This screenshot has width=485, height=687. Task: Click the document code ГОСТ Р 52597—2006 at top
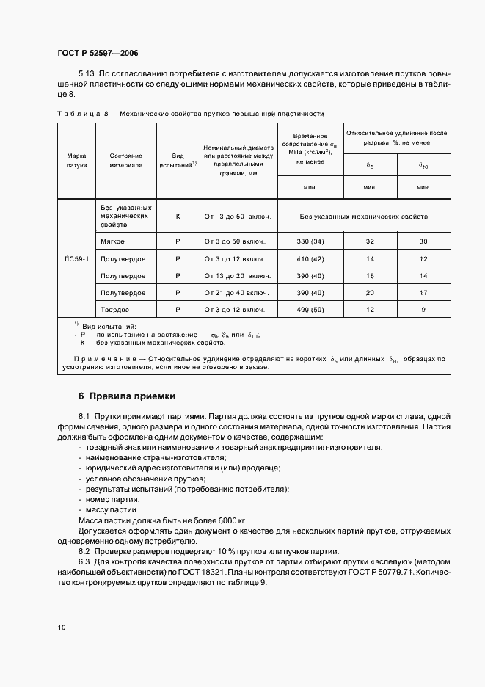(x=98, y=54)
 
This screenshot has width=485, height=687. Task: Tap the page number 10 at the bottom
(x=61, y=628)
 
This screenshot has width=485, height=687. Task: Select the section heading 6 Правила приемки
(x=127, y=396)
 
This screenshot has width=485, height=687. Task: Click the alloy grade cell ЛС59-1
(x=76, y=259)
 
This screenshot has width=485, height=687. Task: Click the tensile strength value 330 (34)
(x=309, y=241)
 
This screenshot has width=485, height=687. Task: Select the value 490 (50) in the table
(x=309, y=309)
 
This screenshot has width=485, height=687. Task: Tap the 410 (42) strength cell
(x=309, y=259)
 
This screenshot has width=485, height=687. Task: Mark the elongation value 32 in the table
(x=370, y=241)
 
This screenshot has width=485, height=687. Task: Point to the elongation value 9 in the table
(x=423, y=309)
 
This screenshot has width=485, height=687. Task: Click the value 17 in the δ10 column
(x=423, y=292)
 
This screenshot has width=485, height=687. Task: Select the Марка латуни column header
(x=76, y=161)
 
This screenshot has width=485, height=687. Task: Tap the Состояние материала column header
(x=125, y=161)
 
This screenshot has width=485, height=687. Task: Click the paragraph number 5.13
(x=87, y=75)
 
